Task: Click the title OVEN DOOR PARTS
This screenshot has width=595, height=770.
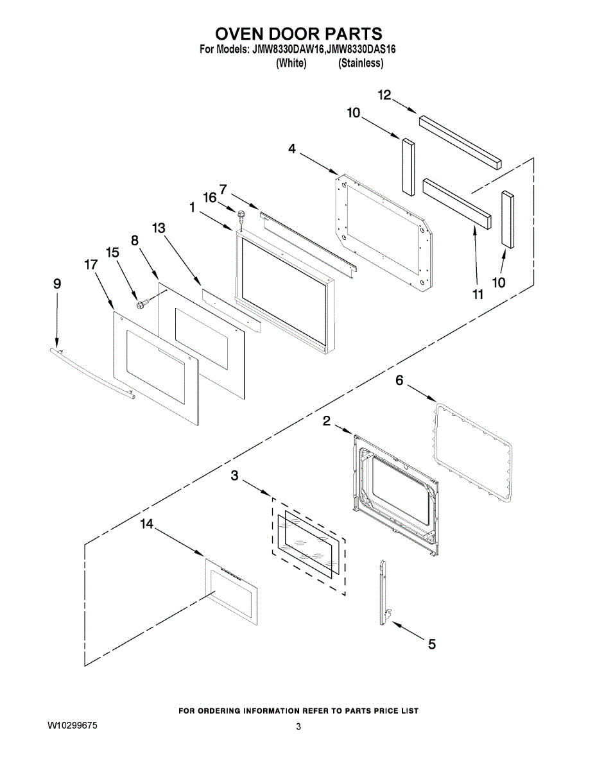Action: point(298,33)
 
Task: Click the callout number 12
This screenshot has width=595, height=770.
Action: point(384,95)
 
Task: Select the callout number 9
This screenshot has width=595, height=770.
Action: point(57,283)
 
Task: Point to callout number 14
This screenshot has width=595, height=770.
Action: point(147,524)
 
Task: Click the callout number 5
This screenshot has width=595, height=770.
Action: point(431,644)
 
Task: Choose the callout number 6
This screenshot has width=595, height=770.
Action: point(399,381)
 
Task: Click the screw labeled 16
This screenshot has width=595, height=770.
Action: point(242,215)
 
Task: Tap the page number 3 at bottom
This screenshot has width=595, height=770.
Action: point(298,727)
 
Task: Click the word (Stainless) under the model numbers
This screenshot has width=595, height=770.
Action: point(361,63)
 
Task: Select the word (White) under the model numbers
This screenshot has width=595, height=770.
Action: point(291,63)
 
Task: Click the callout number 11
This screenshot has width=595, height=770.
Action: point(477,294)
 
